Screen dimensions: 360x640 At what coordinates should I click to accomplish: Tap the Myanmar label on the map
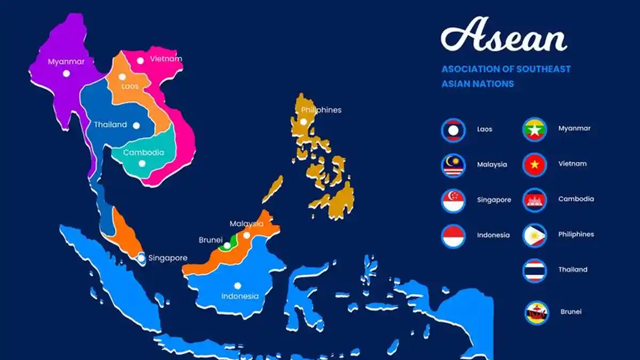[66, 61]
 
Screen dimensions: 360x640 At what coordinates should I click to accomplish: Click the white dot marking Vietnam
[140, 61]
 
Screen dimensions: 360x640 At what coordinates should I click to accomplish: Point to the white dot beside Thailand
[136, 125]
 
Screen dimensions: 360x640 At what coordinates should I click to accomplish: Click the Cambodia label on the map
[143, 153]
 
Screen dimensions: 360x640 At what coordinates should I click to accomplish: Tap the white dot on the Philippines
[303, 122]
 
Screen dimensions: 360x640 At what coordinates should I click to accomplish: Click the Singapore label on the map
[168, 258]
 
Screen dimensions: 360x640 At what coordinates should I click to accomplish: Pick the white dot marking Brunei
[227, 246]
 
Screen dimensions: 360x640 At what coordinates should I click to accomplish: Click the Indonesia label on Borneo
[240, 297]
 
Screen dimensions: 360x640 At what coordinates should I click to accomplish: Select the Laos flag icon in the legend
[453, 130]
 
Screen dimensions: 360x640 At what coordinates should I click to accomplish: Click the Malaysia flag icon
[453, 165]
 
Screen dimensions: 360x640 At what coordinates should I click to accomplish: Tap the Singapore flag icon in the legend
[453, 201]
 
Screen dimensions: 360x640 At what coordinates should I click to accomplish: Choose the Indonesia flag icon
[453, 236]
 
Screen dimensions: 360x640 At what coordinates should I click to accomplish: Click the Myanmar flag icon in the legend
[534, 129]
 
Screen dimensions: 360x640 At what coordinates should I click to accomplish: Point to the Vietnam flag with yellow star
[534, 164]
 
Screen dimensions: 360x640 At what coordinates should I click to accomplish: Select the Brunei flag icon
[536, 313]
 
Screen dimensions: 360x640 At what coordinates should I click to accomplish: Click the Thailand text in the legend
[573, 270]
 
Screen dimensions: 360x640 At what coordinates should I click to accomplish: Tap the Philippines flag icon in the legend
[534, 235]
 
